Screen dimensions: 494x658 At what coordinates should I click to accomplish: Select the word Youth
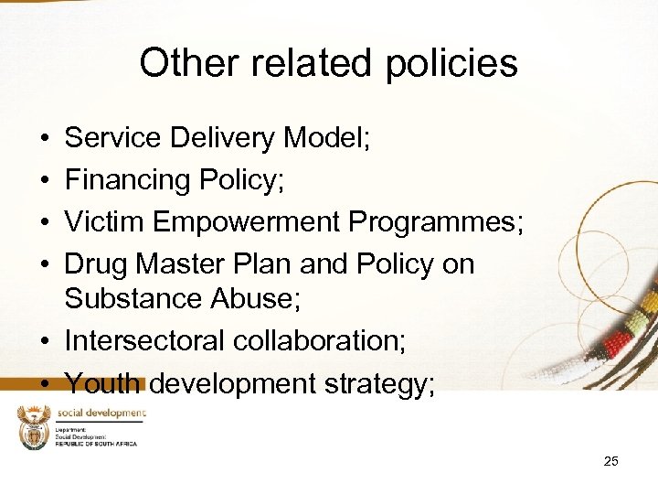(x=102, y=383)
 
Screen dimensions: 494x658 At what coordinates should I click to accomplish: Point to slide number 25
(x=610, y=461)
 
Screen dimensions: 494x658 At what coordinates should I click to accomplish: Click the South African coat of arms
(x=33, y=427)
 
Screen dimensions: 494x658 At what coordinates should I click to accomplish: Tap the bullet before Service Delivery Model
(x=45, y=139)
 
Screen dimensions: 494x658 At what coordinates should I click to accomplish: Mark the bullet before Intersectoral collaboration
(x=45, y=341)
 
